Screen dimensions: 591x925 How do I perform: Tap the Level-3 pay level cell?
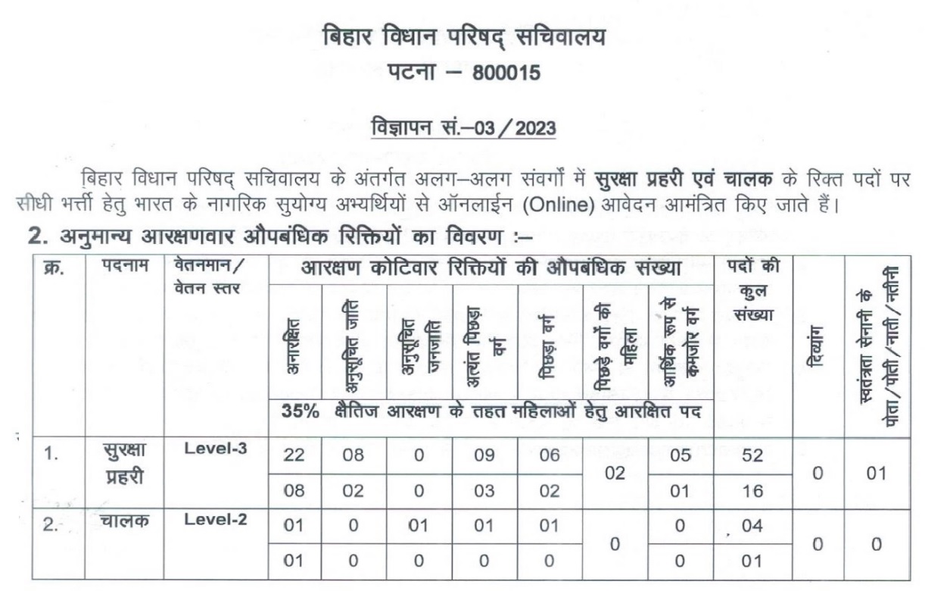[215, 448]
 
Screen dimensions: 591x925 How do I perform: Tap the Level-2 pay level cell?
[215, 520]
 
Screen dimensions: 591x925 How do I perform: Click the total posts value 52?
[752, 455]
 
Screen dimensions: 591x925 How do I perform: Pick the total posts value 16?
[752, 491]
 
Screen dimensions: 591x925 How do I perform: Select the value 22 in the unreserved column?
[294, 455]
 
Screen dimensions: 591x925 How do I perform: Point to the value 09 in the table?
[483, 455]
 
